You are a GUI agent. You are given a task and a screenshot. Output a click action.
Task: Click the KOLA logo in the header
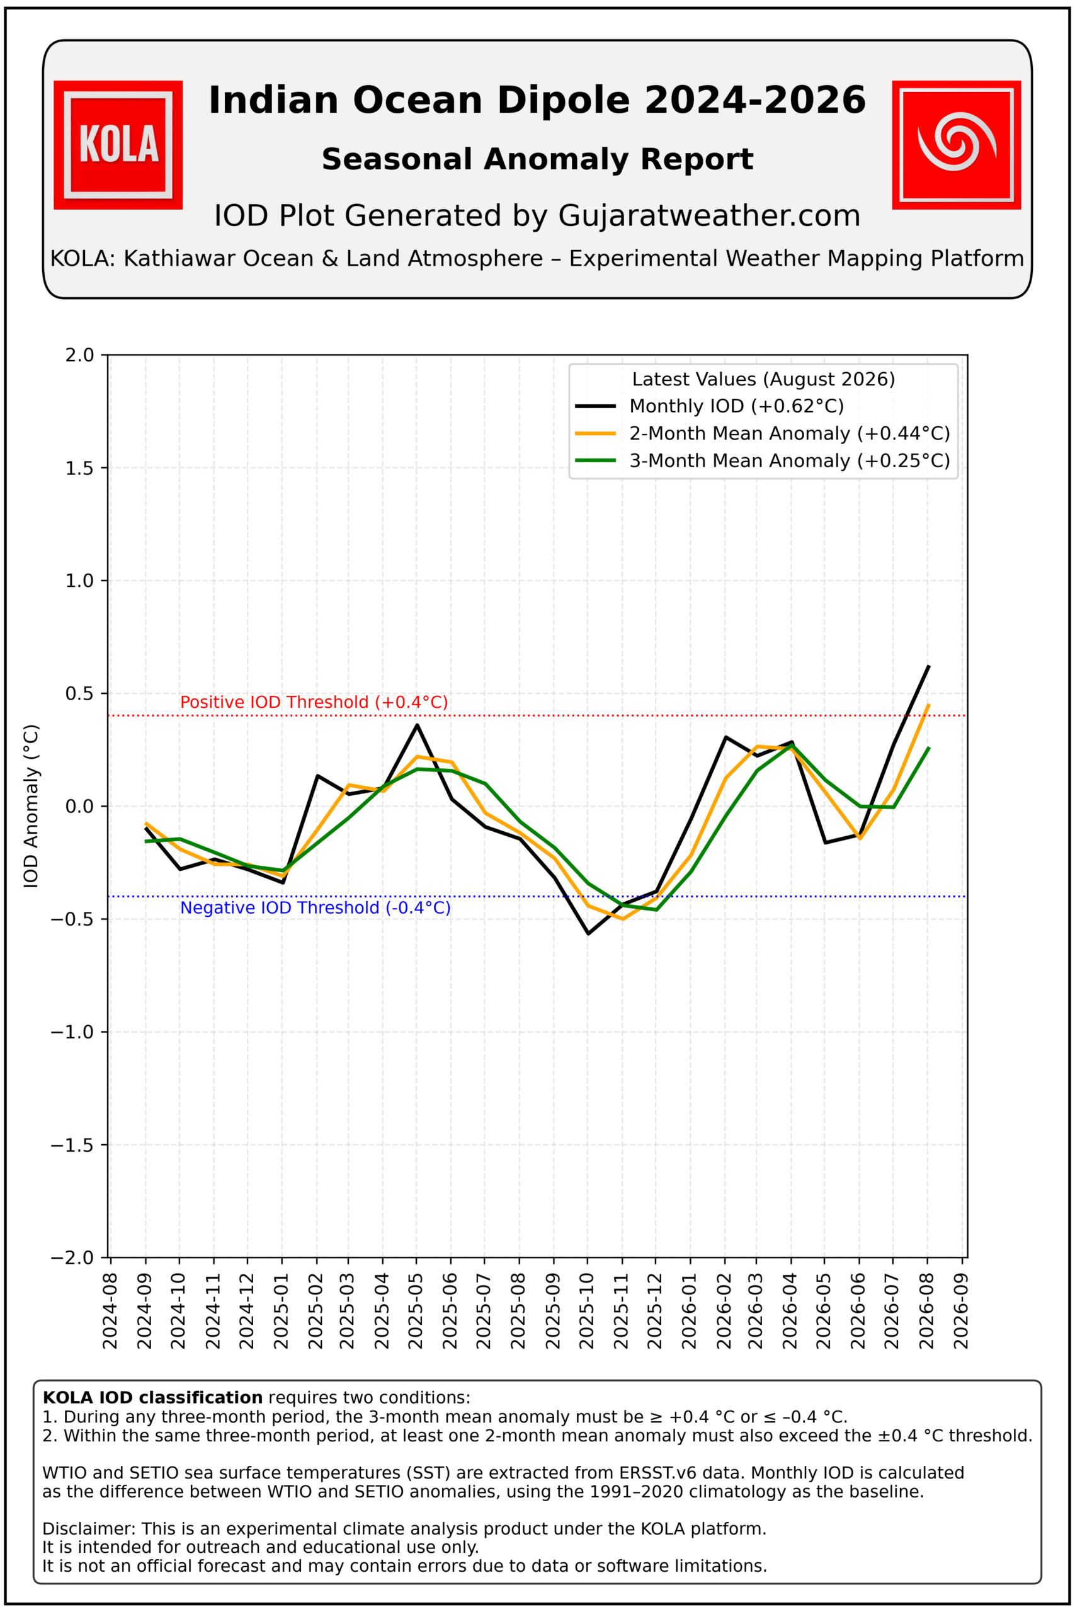pos(118,145)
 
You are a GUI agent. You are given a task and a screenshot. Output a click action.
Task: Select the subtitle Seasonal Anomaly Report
pos(538,159)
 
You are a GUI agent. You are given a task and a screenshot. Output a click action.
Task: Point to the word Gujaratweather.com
pos(709,215)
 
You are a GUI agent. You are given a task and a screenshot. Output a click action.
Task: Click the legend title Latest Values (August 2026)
pos(763,379)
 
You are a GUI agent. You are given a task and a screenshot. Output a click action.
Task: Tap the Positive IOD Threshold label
pos(314,702)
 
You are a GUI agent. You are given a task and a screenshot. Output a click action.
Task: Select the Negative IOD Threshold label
pos(316,907)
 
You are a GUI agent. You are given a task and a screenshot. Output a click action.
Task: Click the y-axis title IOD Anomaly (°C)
pos(31,806)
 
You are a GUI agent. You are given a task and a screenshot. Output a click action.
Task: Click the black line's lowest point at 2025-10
pos(588,933)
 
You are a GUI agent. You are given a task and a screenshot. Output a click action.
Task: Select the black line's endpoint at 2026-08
pos(928,666)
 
